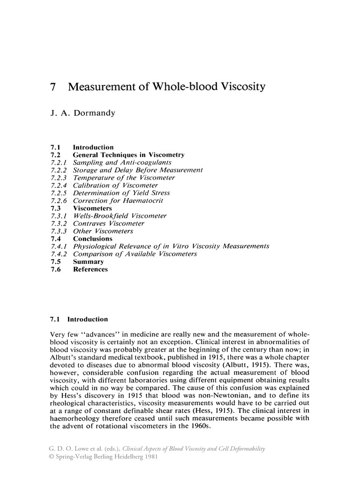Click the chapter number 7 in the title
[52, 87]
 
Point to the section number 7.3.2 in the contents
[59, 224]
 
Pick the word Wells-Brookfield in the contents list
[100, 216]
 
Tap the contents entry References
[90, 269]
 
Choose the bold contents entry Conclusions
[93, 239]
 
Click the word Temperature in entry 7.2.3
[94, 178]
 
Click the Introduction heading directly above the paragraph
[88, 319]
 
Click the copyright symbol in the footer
[52, 457]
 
